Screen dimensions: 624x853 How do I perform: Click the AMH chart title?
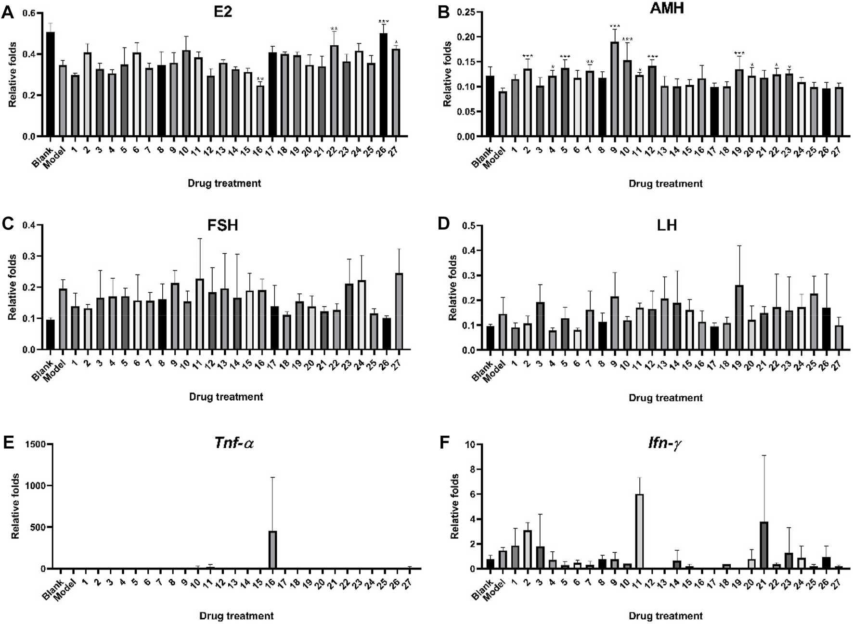[666, 9]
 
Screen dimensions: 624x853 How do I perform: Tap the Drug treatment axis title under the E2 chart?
[224, 183]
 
